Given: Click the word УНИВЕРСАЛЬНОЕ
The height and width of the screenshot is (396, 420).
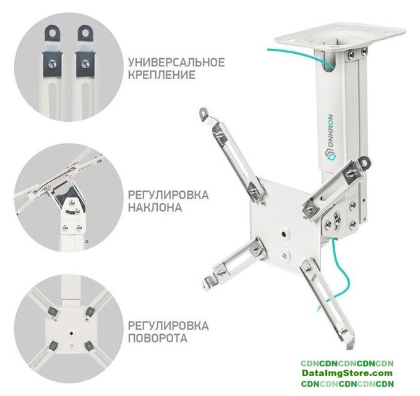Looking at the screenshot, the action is (x=176, y=62).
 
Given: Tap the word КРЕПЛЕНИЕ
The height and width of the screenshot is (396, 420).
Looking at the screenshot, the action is (x=161, y=75).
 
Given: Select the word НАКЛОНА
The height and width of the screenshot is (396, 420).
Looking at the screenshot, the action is (x=155, y=207).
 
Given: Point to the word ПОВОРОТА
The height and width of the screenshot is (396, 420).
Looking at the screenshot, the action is (x=158, y=338).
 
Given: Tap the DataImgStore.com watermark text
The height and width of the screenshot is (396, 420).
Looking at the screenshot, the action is (x=347, y=372).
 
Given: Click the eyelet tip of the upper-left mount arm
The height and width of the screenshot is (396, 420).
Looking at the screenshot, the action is (x=204, y=113).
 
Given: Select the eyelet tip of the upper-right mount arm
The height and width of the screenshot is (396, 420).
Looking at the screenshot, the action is (x=365, y=162).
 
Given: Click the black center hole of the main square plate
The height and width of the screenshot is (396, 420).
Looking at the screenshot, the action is (x=284, y=235).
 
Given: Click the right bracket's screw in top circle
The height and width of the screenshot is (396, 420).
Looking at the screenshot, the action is (x=85, y=63).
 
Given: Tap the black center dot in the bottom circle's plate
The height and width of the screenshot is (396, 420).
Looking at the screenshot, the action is (x=71, y=334).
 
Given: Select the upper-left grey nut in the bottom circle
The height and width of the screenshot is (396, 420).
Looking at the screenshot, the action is (x=53, y=311).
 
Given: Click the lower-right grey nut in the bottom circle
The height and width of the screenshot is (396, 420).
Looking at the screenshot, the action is (x=88, y=346).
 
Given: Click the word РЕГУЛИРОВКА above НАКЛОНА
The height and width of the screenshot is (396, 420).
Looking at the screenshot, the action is (x=168, y=195).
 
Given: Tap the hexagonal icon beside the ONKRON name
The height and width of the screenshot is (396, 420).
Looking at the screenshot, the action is (x=332, y=157).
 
